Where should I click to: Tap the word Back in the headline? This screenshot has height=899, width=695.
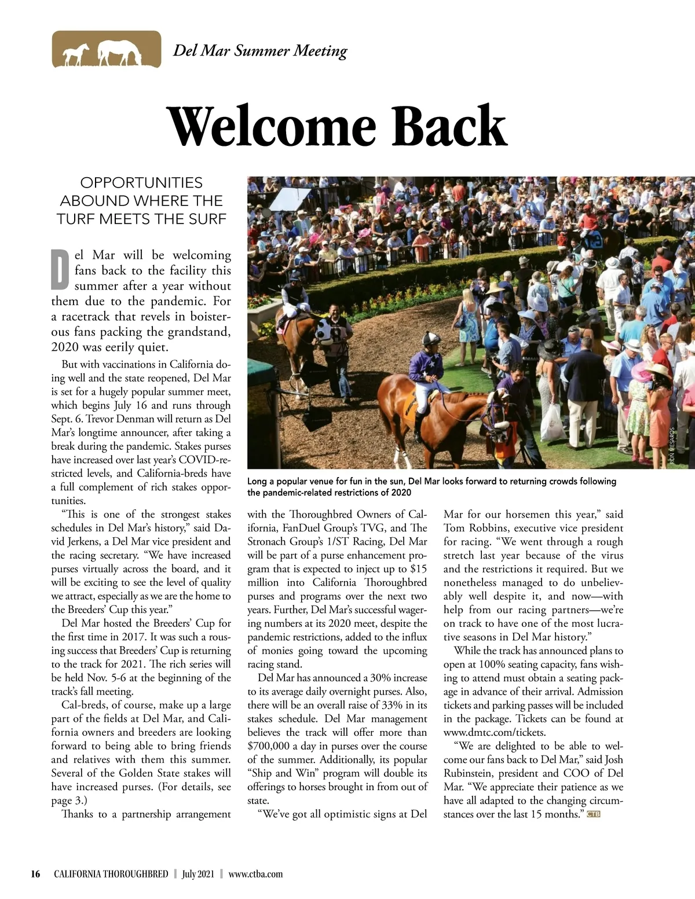click(449, 126)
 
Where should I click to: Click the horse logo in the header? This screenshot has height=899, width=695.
click(106, 50)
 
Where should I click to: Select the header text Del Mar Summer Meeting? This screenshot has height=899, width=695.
click(260, 50)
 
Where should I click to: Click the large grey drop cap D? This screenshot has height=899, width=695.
click(60, 270)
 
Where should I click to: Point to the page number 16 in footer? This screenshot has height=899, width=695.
click(35, 874)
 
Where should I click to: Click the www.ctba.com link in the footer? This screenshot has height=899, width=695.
click(255, 874)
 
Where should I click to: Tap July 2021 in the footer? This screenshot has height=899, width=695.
click(198, 874)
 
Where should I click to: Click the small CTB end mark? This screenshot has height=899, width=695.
click(593, 814)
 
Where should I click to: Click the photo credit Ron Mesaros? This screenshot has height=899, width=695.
click(672, 445)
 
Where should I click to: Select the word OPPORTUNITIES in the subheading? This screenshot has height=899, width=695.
click(141, 183)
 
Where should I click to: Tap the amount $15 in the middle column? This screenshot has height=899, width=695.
click(418, 569)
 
